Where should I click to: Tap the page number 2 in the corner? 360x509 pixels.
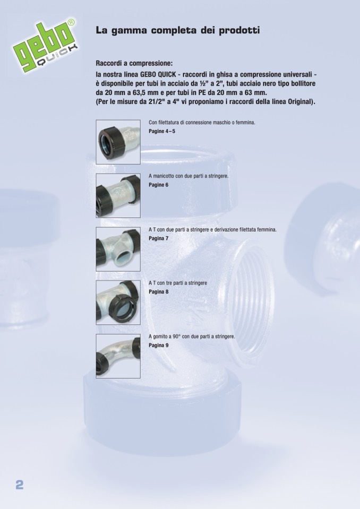[x=20, y=485]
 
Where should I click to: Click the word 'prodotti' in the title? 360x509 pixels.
[x=239, y=30]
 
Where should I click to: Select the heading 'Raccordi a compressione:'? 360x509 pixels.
[x=134, y=63]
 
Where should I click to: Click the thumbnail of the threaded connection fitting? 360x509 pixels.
[x=118, y=142]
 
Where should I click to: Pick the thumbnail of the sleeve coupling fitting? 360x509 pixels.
[x=118, y=195]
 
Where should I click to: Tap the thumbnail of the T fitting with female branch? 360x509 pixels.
[x=118, y=249]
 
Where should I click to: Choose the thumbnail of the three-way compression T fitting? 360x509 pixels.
[x=118, y=303]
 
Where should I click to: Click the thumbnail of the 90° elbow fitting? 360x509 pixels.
[x=118, y=356]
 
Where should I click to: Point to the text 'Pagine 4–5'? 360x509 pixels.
[x=162, y=131]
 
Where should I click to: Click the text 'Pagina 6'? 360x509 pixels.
[x=158, y=185]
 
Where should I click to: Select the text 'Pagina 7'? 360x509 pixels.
[x=158, y=238]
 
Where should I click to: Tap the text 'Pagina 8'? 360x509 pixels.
[x=158, y=291]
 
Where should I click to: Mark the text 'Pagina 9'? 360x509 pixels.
[x=158, y=345]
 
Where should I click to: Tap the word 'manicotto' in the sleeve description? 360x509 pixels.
[x=165, y=176]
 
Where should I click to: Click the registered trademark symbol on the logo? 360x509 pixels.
[x=72, y=22]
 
